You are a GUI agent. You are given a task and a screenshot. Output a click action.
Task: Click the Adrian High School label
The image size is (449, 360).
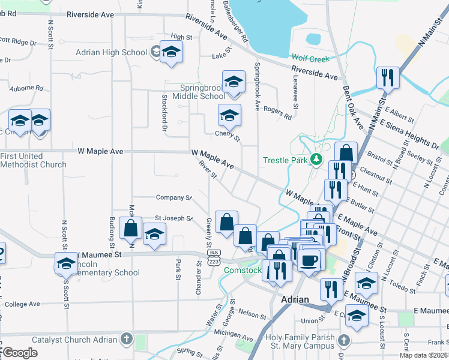pyautogui.click(x=111, y=52)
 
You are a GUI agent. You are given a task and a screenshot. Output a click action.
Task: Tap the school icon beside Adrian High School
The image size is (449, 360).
pyautogui.click(x=171, y=52)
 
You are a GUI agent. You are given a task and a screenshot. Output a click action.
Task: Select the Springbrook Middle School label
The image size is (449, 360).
pyautogui.click(x=199, y=92)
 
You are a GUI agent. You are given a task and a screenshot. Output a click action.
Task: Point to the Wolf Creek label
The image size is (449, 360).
pyautogui.click(x=311, y=58)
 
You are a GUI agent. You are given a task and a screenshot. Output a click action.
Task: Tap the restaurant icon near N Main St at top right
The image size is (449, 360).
pyautogui.click(x=388, y=78)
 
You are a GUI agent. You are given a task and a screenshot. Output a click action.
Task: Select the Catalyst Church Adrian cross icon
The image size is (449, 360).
pyautogui.click(x=125, y=340)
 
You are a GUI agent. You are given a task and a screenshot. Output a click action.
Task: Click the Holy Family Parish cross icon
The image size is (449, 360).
pyautogui.click(x=343, y=340)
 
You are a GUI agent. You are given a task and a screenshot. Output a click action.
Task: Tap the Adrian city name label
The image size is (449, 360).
pyautogui.click(x=295, y=299)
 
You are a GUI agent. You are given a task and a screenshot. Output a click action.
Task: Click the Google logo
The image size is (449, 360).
pyautogui.click(x=20, y=353)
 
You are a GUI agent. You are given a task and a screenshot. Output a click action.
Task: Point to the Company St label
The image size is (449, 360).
pyautogui.click(x=173, y=197)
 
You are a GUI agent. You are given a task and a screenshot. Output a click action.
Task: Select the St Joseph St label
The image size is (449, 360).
pyautogui.click(x=173, y=218)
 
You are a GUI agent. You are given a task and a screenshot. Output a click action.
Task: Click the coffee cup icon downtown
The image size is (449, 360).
pyautogui.click(x=310, y=260)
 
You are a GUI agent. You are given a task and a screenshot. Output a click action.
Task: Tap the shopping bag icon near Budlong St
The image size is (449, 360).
pyautogui.click(x=130, y=229)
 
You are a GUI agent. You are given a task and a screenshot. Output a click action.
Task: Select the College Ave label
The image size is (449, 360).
pyautogui.click(x=22, y=304)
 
